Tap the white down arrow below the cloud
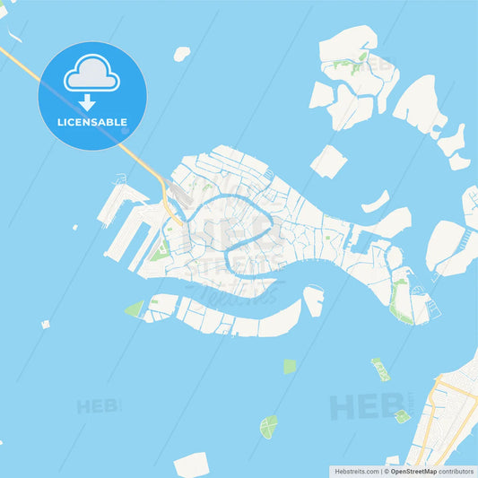click(x=87, y=100)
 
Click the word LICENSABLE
click(x=91, y=122)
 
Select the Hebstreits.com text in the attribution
click(x=356, y=471)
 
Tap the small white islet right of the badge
click(x=181, y=54)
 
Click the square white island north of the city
click(x=328, y=161)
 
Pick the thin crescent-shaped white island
click(x=376, y=201)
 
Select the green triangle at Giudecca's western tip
click(x=135, y=309)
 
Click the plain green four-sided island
click(x=289, y=366)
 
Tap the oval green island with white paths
click(x=268, y=426)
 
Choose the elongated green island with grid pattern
click(x=381, y=369)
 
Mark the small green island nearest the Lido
click(x=402, y=416)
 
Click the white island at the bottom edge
click(x=191, y=465)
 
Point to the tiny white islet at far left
click(x=45, y=325)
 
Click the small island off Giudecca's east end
click(x=313, y=300)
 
